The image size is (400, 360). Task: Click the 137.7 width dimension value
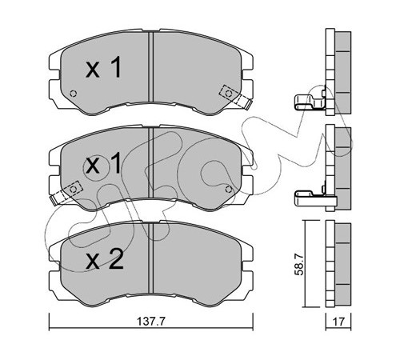[151, 322]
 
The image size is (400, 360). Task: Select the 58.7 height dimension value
[299, 264]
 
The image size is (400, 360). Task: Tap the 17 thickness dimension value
[338, 322]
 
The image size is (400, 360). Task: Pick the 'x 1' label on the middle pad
[103, 164]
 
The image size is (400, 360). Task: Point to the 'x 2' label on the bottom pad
[105, 258]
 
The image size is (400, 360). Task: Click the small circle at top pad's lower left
[73, 94]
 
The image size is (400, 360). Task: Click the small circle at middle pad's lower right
[228, 190]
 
